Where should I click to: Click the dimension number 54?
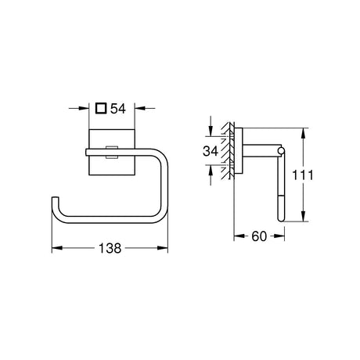pos(118,109)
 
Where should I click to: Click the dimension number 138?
pos(110,248)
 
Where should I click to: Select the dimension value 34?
pos(211,151)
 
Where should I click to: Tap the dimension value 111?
pos(303,175)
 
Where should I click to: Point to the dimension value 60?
pos(259,236)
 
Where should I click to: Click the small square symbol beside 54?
pos(101,108)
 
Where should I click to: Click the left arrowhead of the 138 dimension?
pos(57,248)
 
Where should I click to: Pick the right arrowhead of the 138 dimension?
pos(163,248)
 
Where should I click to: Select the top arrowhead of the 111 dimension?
pos(303,133)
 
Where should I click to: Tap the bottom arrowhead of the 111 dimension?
pos(303,216)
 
